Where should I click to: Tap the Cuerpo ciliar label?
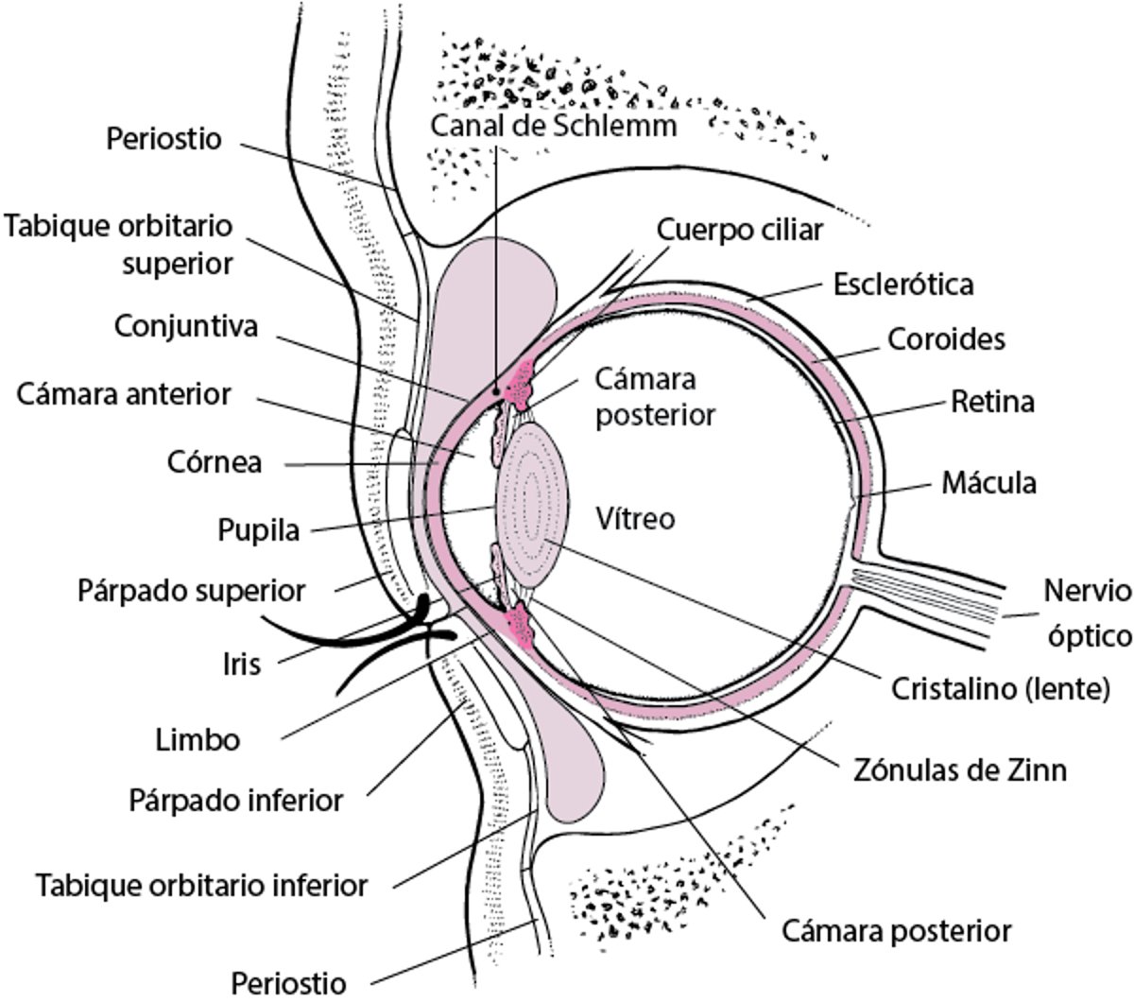pos(739,230)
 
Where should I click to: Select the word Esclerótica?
pos(902,284)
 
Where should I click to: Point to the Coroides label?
pos(945,338)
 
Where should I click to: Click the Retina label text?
pos(991,403)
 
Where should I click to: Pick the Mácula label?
pos(988,482)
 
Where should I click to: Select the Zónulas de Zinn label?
pos(954,770)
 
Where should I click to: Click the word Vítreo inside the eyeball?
pos(636,518)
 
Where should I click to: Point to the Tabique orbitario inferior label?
pos(201,886)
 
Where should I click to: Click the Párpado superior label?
pos(192,592)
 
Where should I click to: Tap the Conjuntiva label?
pos(186,326)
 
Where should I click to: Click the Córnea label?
pos(215,463)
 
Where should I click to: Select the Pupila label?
pos(258,529)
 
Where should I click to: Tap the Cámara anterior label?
pos(123,394)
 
